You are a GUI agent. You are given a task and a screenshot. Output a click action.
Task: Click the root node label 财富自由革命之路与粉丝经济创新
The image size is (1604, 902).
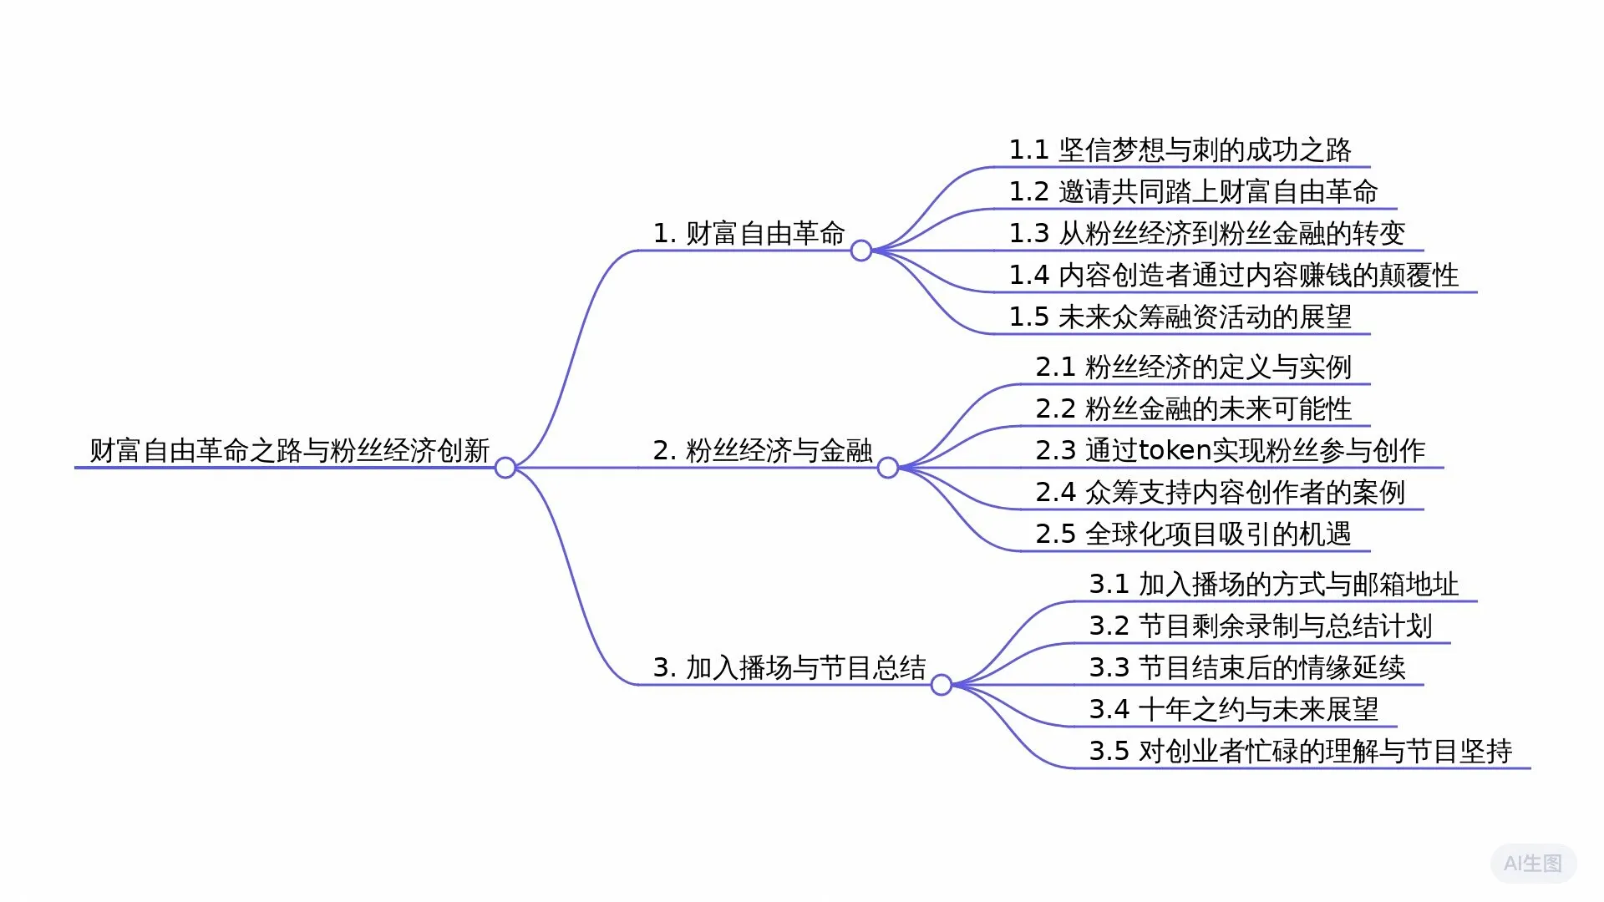click(x=289, y=451)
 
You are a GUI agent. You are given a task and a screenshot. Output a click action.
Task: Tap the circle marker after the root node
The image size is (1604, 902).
click(x=505, y=468)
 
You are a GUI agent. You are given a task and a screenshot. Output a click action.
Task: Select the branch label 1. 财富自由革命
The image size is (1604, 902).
click(x=749, y=234)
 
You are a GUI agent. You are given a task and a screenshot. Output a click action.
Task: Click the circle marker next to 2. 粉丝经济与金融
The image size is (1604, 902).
click(x=888, y=468)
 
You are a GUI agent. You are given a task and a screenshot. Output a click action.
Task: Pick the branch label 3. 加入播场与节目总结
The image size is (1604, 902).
click(x=789, y=668)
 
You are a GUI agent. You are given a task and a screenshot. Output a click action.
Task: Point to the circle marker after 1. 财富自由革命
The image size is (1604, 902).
click(x=861, y=251)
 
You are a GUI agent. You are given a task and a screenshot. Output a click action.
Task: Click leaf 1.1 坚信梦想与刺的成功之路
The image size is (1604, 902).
click(x=1180, y=150)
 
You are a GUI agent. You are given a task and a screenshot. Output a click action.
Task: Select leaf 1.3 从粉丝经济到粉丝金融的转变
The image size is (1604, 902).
click(x=1206, y=234)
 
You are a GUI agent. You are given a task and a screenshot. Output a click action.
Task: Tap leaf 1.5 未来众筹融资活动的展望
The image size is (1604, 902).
click(x=1180, y=317)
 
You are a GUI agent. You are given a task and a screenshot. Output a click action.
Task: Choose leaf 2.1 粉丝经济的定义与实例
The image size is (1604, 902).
click(x=1193, y=367)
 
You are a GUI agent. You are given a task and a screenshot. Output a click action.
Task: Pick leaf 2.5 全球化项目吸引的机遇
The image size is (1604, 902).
click(x=1193, y=535)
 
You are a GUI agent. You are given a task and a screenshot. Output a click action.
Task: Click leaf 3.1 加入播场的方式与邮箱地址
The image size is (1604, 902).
click(x=1273, y=585)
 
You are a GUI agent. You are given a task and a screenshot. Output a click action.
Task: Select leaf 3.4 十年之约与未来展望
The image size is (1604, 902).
click(x=1233, y=710)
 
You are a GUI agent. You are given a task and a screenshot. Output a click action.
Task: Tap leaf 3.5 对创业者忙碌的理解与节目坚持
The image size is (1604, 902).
click(x=1300, y=752)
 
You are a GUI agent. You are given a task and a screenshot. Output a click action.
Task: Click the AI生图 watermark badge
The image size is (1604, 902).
click(x=1532, y=864)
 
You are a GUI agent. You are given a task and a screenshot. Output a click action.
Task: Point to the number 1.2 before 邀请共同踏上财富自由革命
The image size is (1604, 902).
click(x=1028, y=192)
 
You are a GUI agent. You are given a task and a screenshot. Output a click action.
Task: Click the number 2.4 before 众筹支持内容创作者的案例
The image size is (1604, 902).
click(x=1055, y=493)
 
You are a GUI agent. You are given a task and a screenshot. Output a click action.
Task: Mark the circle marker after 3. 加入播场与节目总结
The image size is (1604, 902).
click(x=942, y=685)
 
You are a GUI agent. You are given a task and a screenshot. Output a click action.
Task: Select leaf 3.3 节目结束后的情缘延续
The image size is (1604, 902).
click(x=1246, y=668)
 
